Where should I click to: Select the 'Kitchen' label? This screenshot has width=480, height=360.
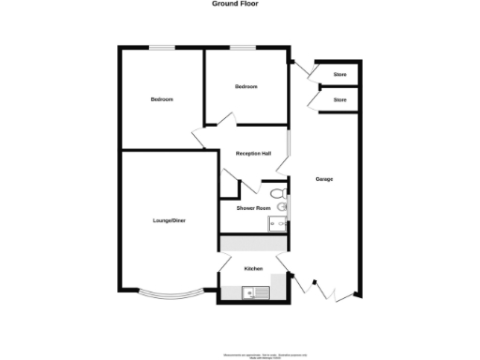[253, 269]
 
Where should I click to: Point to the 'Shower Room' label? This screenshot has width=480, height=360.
[253, 208]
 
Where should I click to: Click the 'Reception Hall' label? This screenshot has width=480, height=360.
[253, 154]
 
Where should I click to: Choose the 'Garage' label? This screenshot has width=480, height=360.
[324, 179]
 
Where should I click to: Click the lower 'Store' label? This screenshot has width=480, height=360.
[340, 99]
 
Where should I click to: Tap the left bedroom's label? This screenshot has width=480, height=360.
[161, 99]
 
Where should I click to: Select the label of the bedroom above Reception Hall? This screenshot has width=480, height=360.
[246, 87]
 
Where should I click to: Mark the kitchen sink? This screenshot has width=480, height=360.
[254, 293]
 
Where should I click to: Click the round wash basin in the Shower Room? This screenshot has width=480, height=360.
[282, 206]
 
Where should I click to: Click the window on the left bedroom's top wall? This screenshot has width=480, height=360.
[165, 49]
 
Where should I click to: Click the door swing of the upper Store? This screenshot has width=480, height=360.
[308, 71]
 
